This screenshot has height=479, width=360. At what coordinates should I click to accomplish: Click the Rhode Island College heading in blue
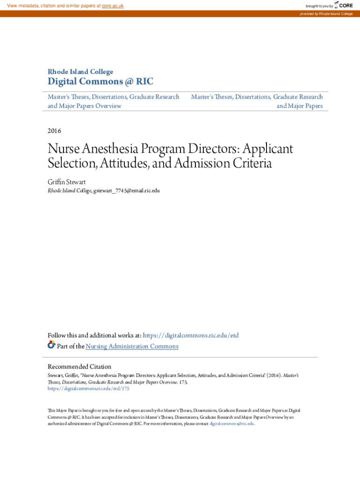click(80, 72)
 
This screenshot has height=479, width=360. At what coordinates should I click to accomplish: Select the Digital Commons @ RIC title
click(101, 82)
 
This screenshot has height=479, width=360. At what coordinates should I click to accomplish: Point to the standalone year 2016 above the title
click(55, 131)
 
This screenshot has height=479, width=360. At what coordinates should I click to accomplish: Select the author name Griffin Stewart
click(67, 182)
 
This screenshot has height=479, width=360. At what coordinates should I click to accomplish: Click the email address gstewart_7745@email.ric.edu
click(127, 191)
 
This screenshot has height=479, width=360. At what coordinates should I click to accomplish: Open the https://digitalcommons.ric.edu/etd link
click(190, 335)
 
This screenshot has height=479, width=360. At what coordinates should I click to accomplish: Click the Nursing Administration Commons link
click(132, 346)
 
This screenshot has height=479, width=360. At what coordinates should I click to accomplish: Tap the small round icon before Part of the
click(51, 345)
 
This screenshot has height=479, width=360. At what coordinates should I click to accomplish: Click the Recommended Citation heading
click(79, 366)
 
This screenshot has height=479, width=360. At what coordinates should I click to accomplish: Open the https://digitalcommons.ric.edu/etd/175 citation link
click(88, 388)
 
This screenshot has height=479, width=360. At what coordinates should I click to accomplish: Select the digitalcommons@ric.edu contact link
click(231, 423)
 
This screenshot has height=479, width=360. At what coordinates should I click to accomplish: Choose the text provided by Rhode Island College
click(326, 14)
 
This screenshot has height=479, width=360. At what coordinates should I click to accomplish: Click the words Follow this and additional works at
click(94, 335)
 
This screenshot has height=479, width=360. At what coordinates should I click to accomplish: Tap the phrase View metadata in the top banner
click(23, 6)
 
